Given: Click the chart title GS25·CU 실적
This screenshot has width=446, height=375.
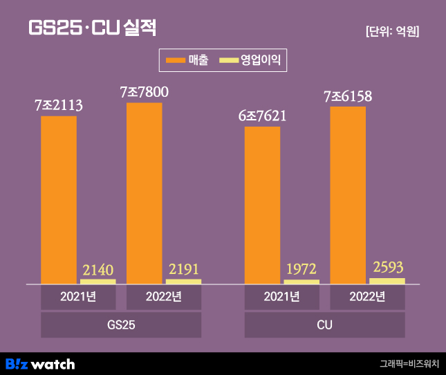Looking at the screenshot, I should click(x=92, y=28).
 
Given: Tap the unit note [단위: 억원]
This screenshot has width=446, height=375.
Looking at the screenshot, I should click(x=392, y=31).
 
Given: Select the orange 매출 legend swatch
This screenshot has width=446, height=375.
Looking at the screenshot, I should click(x=176, y=60).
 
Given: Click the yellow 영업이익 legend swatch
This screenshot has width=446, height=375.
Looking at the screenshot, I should click(x=228, y=60).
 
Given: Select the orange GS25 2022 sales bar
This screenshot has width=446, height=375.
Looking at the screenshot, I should click(x=144, y=193).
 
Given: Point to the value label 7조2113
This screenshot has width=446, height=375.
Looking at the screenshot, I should click(x=59, y=106).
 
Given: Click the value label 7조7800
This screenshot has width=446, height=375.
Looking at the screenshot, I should click(x=144, y=92).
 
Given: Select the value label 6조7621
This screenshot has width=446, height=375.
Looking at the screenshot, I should click(x=262, y=116).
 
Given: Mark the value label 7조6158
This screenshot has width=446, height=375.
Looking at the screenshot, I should click(x=348, y=97).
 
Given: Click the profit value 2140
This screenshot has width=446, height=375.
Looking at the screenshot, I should click(x=98, y=269).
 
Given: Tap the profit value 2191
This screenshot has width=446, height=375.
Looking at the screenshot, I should click(x=183, y=269).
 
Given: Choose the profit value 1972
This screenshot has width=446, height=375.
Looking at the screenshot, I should click(x=301, y=269).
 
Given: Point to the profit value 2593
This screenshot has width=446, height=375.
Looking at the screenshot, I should click(x=387, y=267).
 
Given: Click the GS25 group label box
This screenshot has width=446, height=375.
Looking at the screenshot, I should click(x=121, y=324).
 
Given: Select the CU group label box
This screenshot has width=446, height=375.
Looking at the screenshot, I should click(x=324, y=324).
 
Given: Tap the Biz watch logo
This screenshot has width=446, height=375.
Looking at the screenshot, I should click(x=40, y=363).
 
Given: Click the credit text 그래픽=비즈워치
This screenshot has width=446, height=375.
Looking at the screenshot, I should click(x=409, y=363).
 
